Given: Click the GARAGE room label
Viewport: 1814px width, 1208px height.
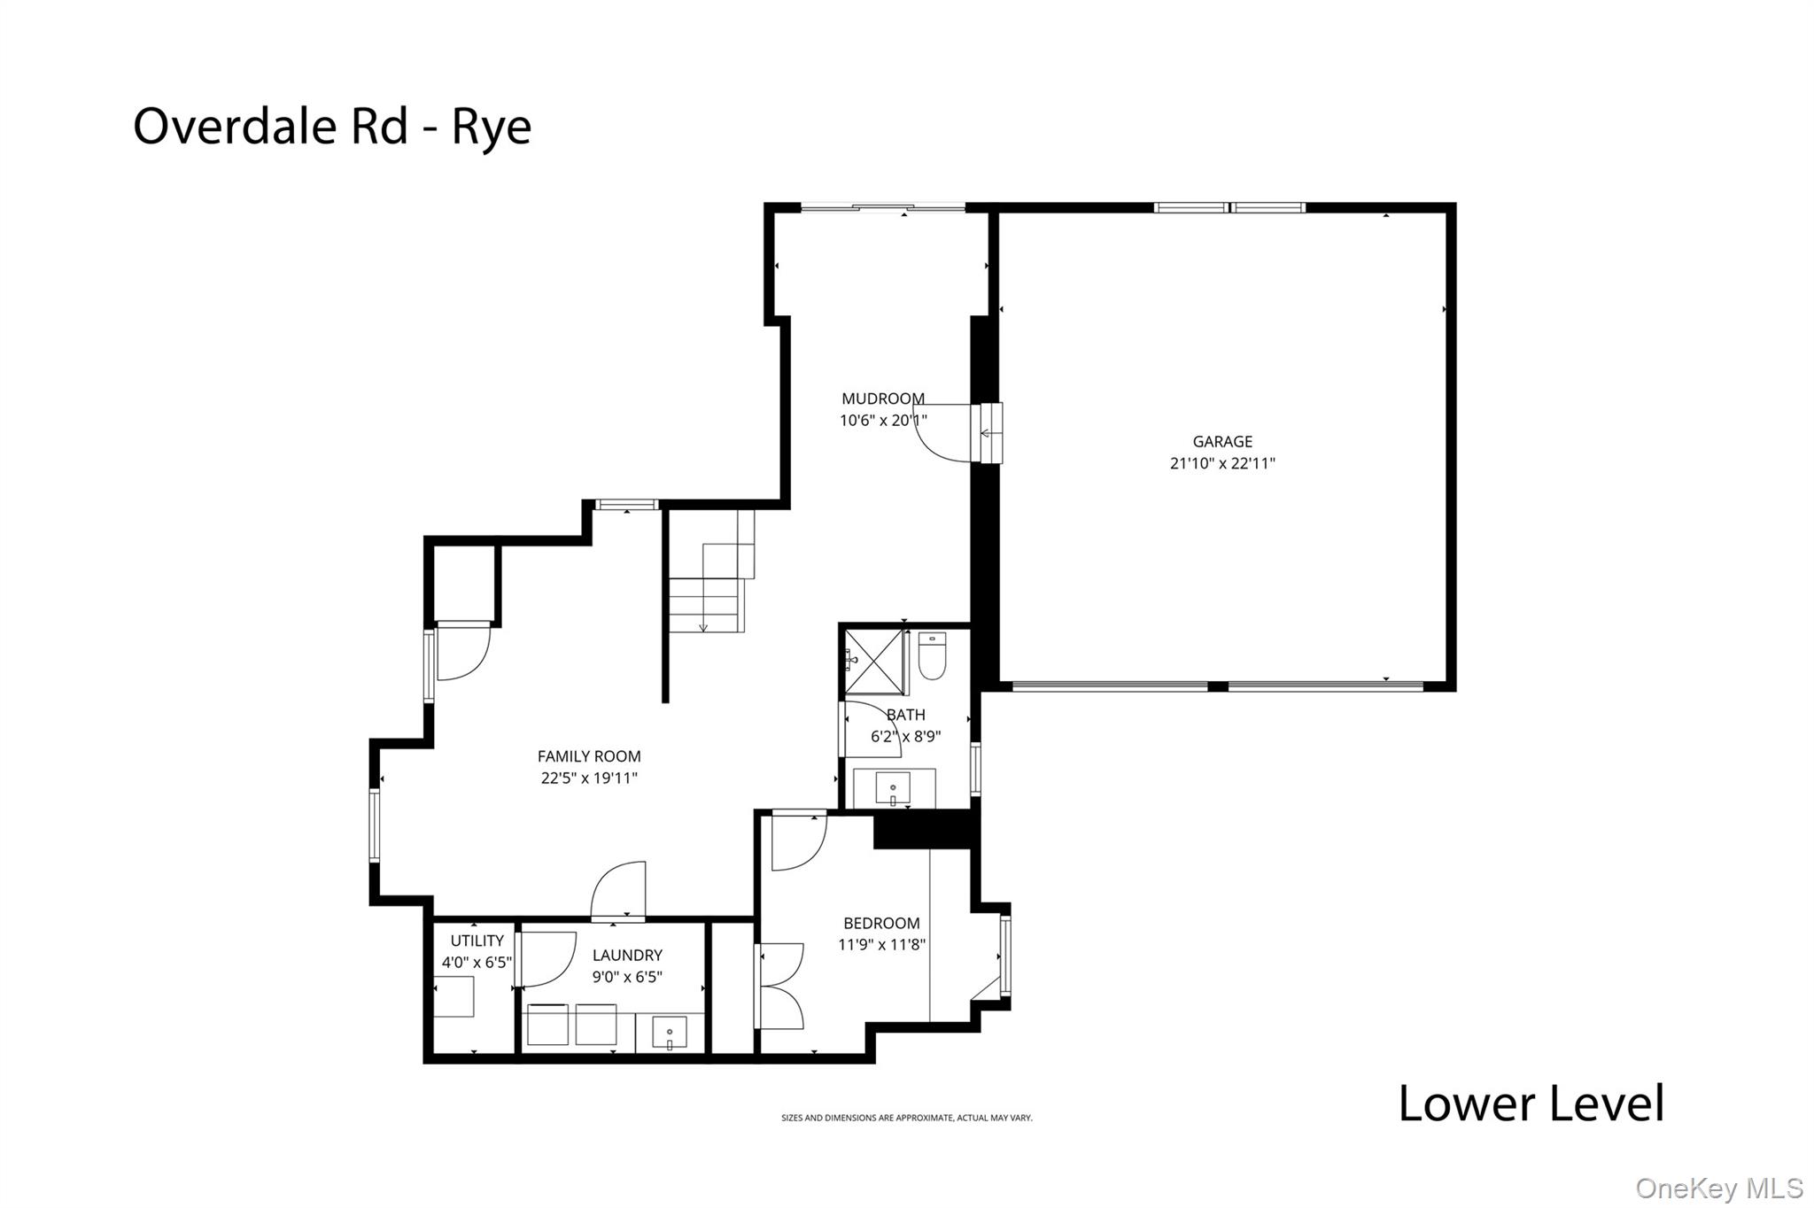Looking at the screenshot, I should coord(1222,441).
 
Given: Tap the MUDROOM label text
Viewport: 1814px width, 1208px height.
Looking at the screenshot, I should coord(882,399).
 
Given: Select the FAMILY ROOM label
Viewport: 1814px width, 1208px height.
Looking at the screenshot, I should coord(589,756).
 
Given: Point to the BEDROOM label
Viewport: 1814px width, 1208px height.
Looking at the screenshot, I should coord(881,923).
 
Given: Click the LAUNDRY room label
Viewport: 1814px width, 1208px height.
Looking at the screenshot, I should coord(627,955).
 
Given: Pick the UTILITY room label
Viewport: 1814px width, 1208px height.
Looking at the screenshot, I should coord(477,941).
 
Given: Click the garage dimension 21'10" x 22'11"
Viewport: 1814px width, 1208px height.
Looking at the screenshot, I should coord(1222,463).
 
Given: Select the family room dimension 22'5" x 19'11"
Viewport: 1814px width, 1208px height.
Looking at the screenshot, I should coord(589,778).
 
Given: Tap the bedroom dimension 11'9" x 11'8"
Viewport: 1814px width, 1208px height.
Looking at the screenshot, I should coord(881,945).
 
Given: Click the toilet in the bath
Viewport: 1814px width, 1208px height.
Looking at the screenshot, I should coord(932,656).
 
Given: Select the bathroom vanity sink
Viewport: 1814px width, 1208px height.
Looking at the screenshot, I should coord(893,786).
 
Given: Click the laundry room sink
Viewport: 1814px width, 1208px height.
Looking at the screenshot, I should coord(670,1034).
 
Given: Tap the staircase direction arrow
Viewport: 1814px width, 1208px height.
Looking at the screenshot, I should coord(703,626).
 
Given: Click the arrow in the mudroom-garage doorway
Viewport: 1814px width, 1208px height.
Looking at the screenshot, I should coord(986,433).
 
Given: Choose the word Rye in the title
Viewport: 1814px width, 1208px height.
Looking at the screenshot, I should coord(492,127).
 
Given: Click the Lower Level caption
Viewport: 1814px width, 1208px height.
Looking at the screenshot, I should coord(1531,1103).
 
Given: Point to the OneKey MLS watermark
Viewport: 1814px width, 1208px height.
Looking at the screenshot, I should coord(1718,1188).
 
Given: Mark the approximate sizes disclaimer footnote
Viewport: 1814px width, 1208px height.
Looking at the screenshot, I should coord(906,1119).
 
